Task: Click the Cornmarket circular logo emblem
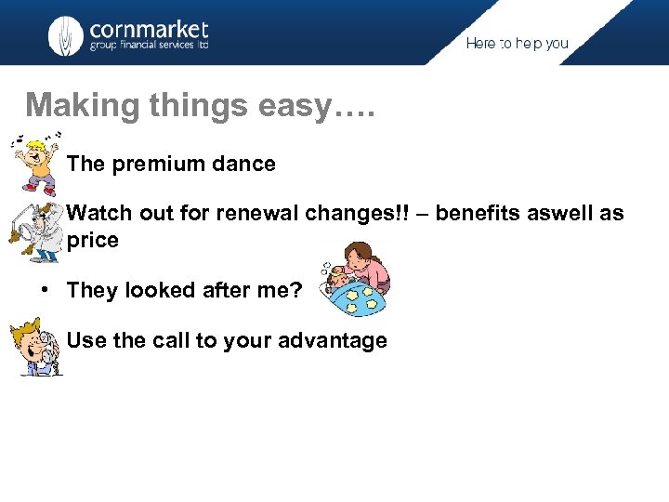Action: (66, 34)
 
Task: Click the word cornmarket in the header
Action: (149, 29)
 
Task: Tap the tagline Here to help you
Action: (517, 44)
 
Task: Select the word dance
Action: (246, 165)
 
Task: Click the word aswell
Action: (562, 214)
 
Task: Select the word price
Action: (93, 241)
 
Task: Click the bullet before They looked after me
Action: (44, 290)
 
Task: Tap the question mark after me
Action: (296, 290)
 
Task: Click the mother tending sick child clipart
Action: (355, 280)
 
